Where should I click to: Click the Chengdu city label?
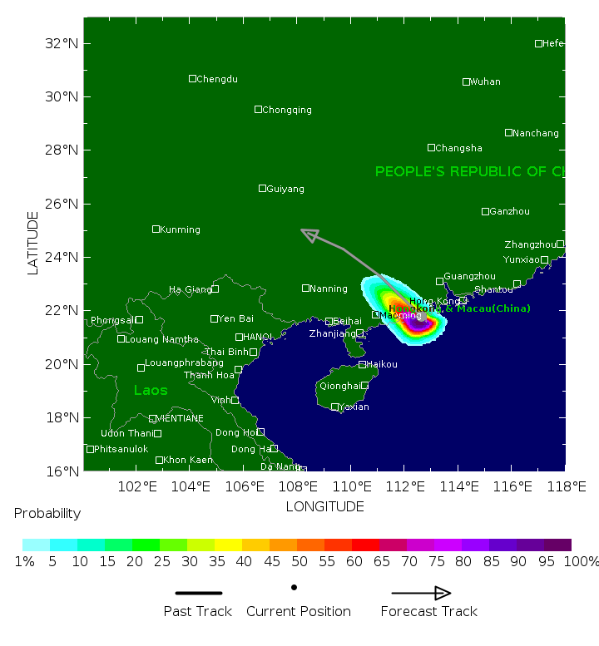click(217, 80)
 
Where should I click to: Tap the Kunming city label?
click(180, 230)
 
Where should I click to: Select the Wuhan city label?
click(485, 82)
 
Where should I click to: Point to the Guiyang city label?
click(285, 190)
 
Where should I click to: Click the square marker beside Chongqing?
click(258, 110)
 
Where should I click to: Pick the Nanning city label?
click(329, 289)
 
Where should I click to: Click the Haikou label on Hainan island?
click(382, 365)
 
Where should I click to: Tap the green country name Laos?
click(151, 391)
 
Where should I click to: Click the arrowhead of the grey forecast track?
click(309, 235)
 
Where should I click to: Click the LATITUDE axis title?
click(33, 243)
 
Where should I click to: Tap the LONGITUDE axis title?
click(324, 506)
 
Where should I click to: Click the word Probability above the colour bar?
click(47, 514)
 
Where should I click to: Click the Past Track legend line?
click(199, 593)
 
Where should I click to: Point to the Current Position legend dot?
click(295, 587)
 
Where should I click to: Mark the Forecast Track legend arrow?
click(422, 593)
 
